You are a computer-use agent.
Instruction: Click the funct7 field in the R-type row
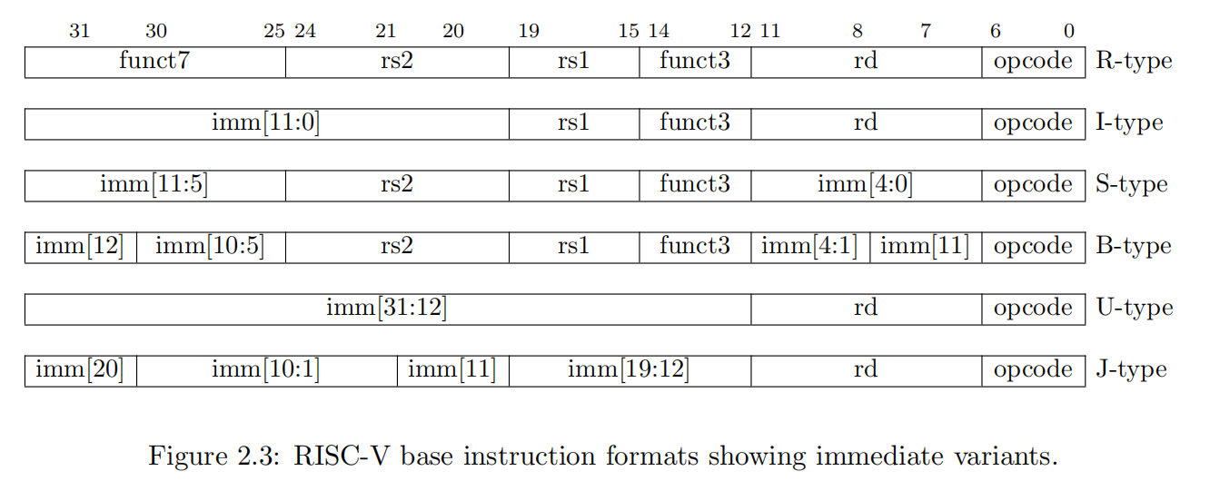click(154, 62)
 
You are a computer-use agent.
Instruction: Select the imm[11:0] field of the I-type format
click(265, 123)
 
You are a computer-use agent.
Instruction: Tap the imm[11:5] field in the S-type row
click(154, 185)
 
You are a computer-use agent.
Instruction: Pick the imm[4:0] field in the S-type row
click(865, 185)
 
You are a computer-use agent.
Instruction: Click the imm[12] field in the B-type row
click(80, 247)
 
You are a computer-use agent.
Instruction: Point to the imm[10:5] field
click(210, 247)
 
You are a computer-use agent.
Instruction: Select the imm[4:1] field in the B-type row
click(809, 247)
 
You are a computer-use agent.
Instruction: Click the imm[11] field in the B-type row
click(925, 247)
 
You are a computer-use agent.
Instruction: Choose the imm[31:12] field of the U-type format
click(387, 309)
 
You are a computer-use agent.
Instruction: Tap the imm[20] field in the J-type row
click(80, 370)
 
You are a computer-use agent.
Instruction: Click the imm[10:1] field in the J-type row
click(265, 370)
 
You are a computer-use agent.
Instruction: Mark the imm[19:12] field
click(629, 370)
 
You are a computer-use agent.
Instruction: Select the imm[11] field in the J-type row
click(451, 370)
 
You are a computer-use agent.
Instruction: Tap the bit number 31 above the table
click(80, 32)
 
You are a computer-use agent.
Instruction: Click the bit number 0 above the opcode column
click(1069, 32)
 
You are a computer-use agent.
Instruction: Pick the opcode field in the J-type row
click(1033, 370)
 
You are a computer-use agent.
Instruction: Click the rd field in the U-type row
click(865, 309)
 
